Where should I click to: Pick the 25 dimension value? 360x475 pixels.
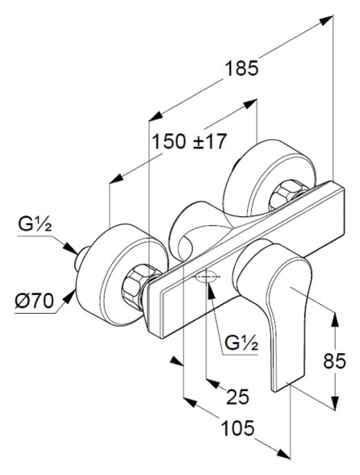click(x=238, y=396)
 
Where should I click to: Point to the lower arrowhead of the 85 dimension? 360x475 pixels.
click(x=333, y=406)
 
